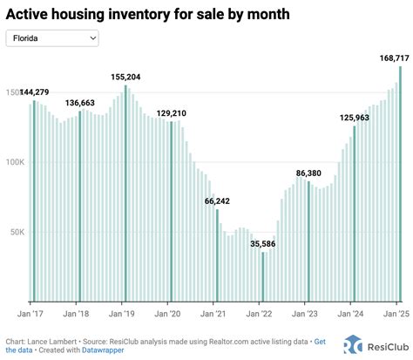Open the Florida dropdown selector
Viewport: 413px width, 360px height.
tap(52, 38)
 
